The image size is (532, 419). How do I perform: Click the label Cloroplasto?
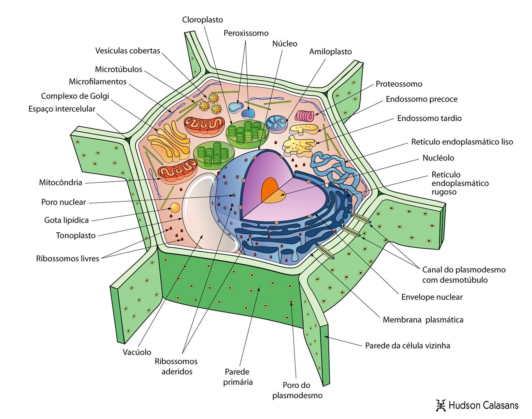(202, 20)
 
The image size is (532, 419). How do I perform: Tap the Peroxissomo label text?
(246, 33)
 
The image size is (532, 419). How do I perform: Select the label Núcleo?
(285, 44)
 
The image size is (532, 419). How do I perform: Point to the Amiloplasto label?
(330, 52)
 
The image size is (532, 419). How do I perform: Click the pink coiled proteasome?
(304, 116)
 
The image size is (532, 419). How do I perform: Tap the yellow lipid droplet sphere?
(175, 207)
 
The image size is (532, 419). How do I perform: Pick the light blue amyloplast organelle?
(277, 123)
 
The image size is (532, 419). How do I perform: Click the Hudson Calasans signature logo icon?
(441, 405)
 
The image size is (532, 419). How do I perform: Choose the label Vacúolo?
(137, 352)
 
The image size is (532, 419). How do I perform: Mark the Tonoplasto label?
(76, 235)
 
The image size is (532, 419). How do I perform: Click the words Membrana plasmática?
(423, 320)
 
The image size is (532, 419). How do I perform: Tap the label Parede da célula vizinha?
(407, 346)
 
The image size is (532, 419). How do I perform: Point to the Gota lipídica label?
(67, 220)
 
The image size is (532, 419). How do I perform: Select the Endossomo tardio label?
(429, 118)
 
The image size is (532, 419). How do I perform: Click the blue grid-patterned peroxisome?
(236, 107)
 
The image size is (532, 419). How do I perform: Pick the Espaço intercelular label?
(62, 109)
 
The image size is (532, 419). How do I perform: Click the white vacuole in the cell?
(205, 219)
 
